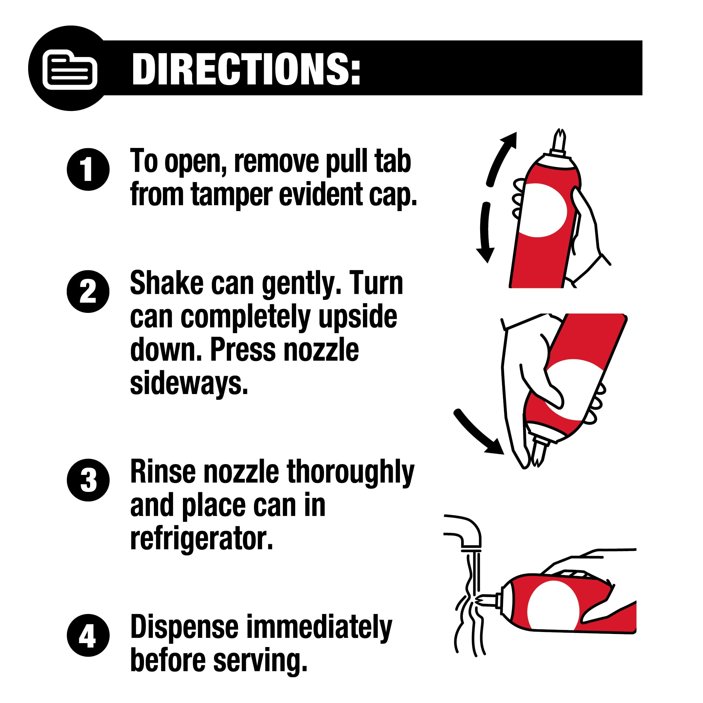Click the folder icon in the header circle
[70, 69]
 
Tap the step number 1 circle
[88, 169]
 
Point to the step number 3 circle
[88, 480]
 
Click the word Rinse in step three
[163, 472]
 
